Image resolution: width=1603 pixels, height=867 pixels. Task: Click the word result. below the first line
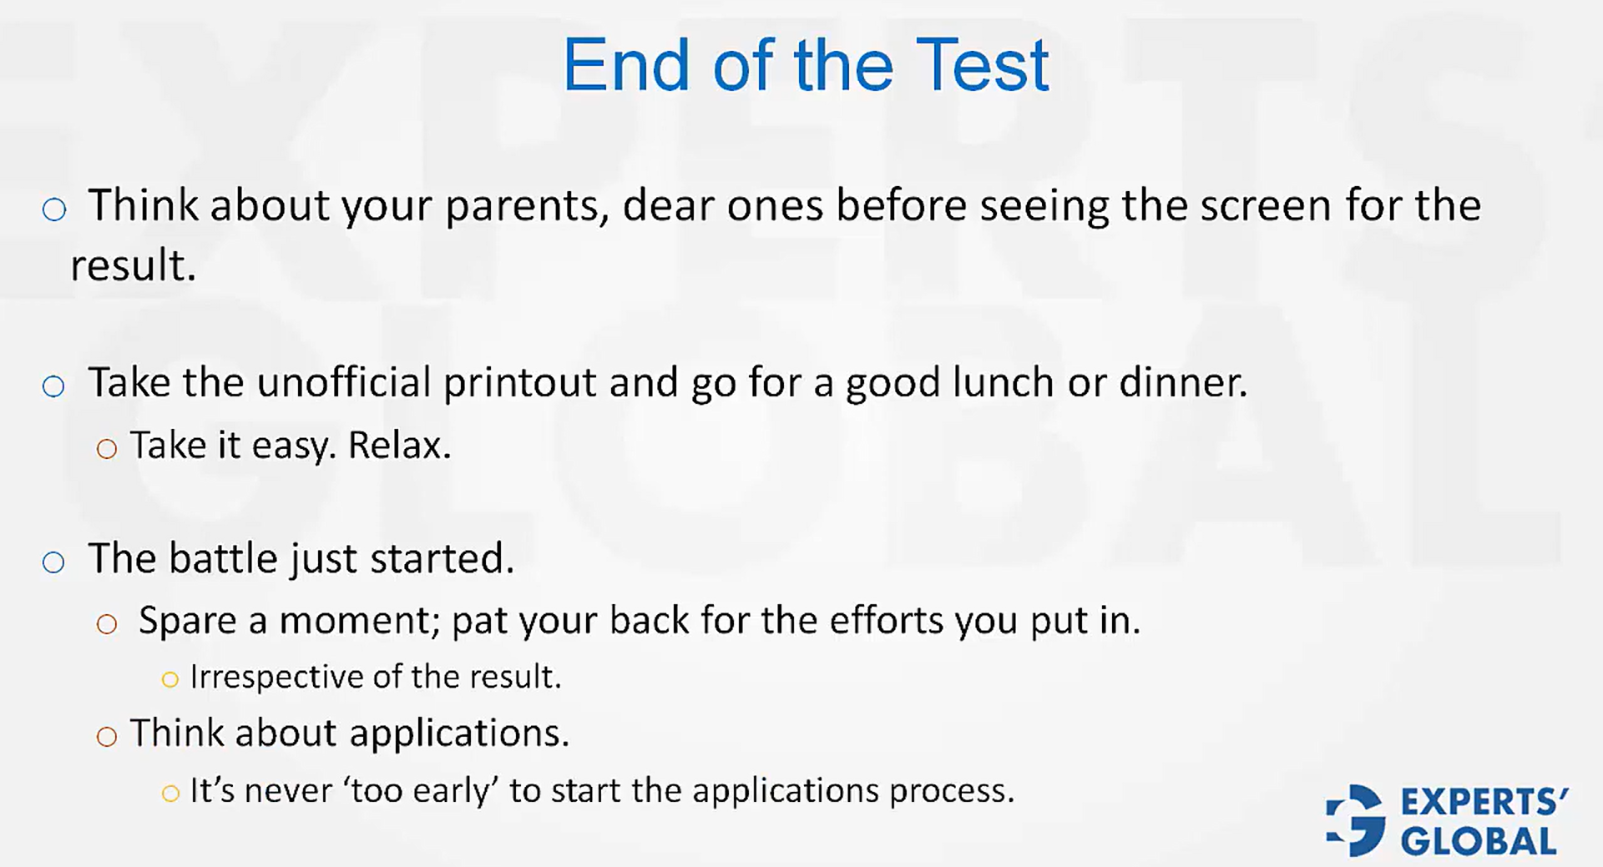[133, 266]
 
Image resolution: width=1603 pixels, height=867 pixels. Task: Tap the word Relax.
[399, 446]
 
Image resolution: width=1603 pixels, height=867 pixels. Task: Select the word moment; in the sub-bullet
[360, 621]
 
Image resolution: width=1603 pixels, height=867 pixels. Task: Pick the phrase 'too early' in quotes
[420, 790]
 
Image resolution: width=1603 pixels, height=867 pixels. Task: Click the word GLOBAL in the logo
[1479, 841]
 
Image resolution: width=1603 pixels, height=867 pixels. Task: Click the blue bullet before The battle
[53, 562]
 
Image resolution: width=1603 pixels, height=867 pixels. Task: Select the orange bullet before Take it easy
[106, 450]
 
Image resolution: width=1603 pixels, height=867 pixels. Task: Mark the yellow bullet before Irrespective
[170, 680]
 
